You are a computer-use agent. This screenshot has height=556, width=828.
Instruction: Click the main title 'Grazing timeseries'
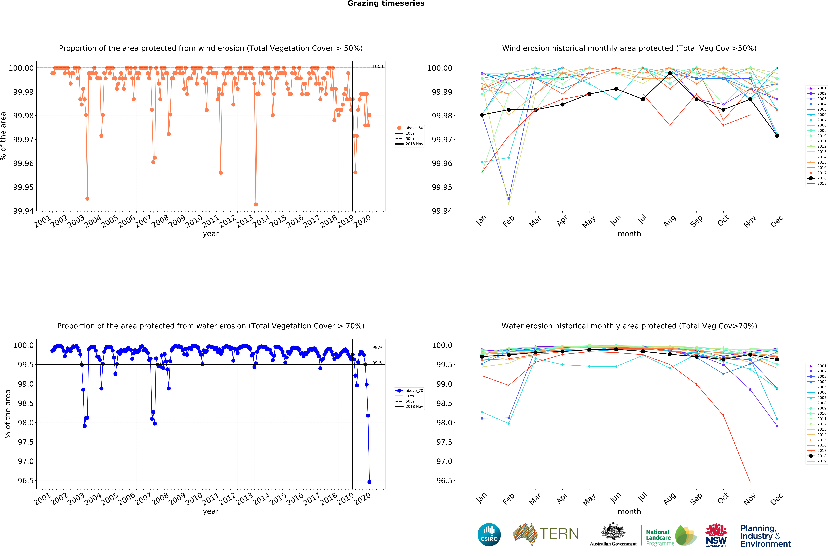pyautogui.click(x=386, y=4)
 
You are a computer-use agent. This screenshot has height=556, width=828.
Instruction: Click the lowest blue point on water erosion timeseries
pyautogui.click(x=369, y=482)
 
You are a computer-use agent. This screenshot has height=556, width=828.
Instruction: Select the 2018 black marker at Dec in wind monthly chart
pyautogui.click(x=777, y=136)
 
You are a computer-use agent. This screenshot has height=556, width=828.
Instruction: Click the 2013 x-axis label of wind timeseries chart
pyautogui.click(x=245, y=222)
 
